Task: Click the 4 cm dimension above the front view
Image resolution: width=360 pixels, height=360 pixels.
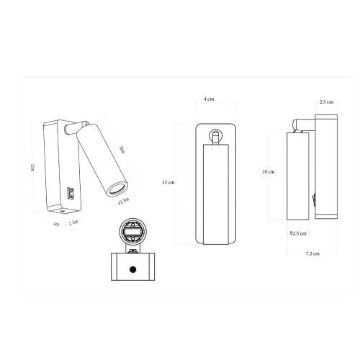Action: tap(209, 99)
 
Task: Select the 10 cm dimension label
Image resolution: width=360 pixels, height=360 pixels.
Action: tap(268, 171)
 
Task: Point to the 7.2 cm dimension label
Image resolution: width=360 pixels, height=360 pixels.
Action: tap(311, 254)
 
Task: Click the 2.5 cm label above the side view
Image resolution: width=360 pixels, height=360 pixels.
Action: tap(326, 102)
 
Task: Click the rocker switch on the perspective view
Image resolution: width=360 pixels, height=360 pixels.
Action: tap(71, 193)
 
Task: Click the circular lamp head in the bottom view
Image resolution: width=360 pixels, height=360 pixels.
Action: tap(132, 233)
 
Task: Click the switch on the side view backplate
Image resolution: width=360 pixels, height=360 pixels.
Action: tap(313, 194)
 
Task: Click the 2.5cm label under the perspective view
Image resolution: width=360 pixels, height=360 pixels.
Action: tap(73, 224)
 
